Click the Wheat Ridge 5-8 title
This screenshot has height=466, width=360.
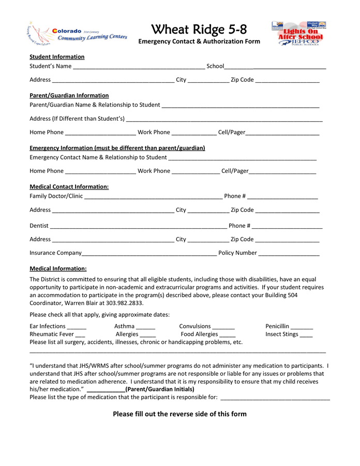pos(199,29)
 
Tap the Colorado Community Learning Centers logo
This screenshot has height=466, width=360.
pos(78,34)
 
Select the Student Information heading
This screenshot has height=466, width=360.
pos(57,57)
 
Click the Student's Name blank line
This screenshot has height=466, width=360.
pos(139,67)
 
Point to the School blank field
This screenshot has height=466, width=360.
pos(275,67)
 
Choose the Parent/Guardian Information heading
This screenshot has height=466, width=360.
pos(69,95)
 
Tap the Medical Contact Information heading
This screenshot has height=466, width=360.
pos(69,186)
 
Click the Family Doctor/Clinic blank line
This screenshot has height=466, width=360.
pos(153,197)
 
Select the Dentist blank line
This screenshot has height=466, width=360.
pos(138,226)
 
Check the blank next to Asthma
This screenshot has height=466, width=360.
pos(146,327)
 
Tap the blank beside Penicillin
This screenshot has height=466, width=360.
pos(302,327)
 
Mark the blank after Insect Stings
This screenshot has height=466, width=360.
pos(306,335)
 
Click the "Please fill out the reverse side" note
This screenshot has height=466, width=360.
pos(179,414)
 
